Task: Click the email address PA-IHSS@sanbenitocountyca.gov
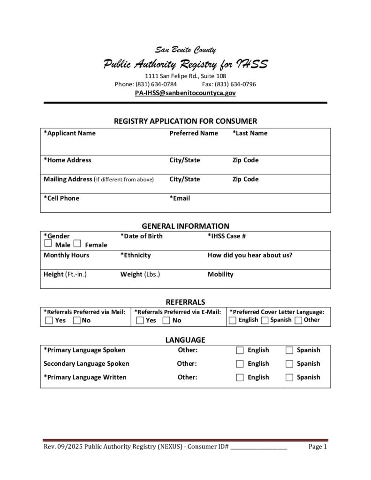pos(185,93)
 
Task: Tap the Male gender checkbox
pos(48,244)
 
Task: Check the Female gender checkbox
pos(78,244)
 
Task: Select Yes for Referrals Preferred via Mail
pos(49,321)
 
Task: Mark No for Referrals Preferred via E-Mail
pos(167,321)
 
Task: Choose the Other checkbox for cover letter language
pos(298,321)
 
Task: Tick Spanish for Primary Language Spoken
pos(289,350)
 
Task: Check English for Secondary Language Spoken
pos(240,364)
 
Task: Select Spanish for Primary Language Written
pos(289,377)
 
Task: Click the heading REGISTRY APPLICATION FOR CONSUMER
pos(185,121)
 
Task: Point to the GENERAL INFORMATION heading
pos(185,226)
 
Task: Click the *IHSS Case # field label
pos(227,236)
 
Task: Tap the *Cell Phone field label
pos(61,198)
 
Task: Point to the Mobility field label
pos(220,274)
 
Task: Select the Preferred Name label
pos(194,133)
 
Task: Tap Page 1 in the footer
pos(318,447)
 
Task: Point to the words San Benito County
pos(185,50)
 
